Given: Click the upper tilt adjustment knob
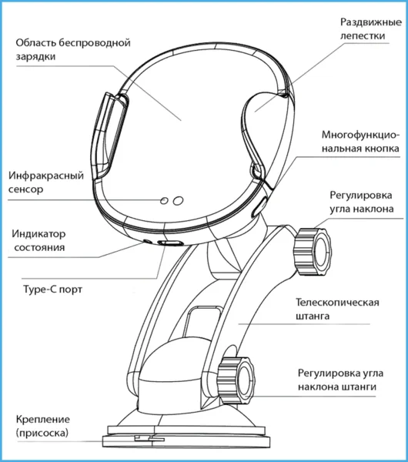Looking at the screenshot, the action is click(313, 251).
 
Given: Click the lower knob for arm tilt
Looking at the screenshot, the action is click(236, 380).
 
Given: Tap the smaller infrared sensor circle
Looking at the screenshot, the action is click(164, 201).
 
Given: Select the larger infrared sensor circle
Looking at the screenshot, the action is click(178, 201).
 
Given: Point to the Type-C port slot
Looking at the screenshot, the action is click(171, 243).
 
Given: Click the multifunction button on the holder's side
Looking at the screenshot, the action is click(259, 208).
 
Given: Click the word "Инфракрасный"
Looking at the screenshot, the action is click(46, 176).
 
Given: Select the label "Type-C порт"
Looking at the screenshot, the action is click(52, 290).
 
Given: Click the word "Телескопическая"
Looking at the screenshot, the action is click(337, 303).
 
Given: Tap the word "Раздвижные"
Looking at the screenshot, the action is click(371, 22).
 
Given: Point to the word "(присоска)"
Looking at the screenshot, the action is click(42, 433).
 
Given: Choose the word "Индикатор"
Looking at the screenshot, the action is click(38, 234).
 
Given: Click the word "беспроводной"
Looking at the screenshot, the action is click(94, 43).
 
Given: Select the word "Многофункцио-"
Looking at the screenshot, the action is click(360, 136).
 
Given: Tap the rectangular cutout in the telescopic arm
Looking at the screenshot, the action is click(202, 322).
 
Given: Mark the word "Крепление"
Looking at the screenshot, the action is click(43, 420).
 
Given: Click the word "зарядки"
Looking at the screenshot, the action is click(35, 56).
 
